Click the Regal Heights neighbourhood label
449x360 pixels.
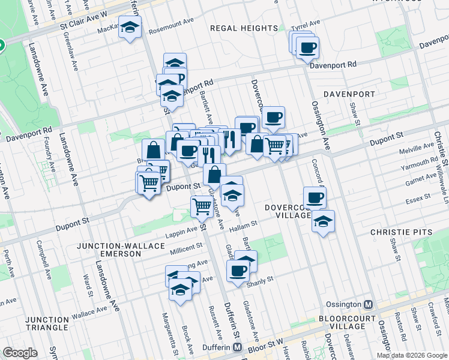(244, 28)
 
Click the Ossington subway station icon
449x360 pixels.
(369, 304)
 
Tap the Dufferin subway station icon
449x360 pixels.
(238, 347)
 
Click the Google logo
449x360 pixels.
(20, 353)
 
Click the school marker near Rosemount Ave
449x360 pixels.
(130, 28)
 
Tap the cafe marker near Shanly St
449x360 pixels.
(238, 271)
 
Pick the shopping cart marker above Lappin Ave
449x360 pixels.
(202, 206)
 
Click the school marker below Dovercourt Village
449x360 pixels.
(323, 221)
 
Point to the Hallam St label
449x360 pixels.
(244, 223)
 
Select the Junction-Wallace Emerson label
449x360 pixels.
(108, 250)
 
